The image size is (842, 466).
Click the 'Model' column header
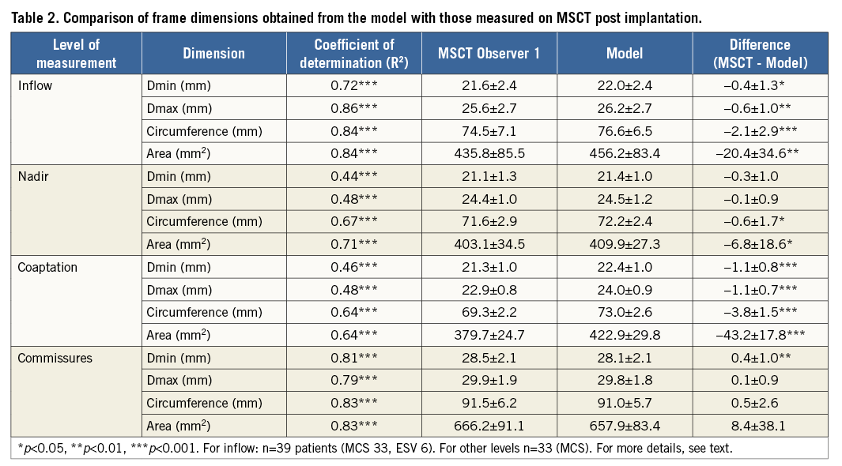(624, 54)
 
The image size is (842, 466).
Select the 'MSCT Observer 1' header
(489, 54)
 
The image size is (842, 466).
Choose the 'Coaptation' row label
(47, 267)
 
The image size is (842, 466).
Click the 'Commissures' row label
(55, 358)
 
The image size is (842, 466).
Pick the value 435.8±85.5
(489, 153)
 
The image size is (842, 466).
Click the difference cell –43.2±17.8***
(760, 335)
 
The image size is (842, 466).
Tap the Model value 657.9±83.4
(624, 426)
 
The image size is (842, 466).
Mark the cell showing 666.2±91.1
(489, 426)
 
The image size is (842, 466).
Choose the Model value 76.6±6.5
(624, 131)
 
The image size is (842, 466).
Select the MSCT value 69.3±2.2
(489, 312)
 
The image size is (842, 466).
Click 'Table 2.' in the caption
(35, 17)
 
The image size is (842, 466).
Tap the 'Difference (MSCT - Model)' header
(760, 54)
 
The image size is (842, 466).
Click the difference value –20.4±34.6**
(760, 153)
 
